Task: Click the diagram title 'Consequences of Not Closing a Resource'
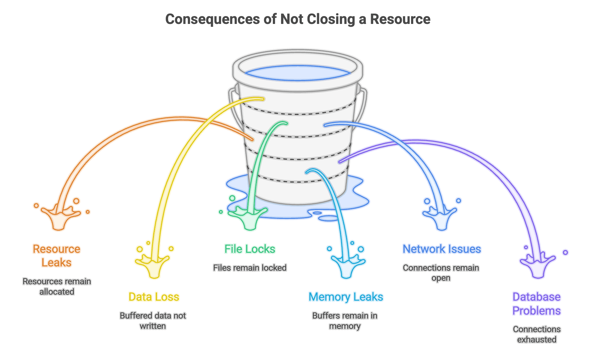pyautogui.click(x=297, y=19)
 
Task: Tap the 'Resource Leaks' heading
pyautogui.click(x=56, y=256)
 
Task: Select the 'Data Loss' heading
pyautogui.click(x=154, y=297)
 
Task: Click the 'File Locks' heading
pyautogui.click(x=250, y=249)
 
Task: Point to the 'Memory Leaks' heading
pyautogui.click(x=345, y=297)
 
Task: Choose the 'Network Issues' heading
pyautogui.click(x=441, y=249)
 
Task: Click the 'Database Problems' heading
pyautogui.click(x=536, y=304)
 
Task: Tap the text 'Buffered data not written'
pyautogui.click(x=153, y=321)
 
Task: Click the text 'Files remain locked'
pyautogui.click(x=250, y=268)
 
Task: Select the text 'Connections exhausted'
pyautogui.click(x=536, y=334)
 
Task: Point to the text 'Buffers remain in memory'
pyautogui.click(x=345, y=321)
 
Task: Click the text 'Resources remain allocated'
pyautogui.click(x=56, y=286)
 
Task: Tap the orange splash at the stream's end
pyautogui.click(x=60, y=218)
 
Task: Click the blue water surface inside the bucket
pyautogui.click(x=297, y=73)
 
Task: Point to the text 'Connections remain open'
pyautogui.click(x=441, y=273)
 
